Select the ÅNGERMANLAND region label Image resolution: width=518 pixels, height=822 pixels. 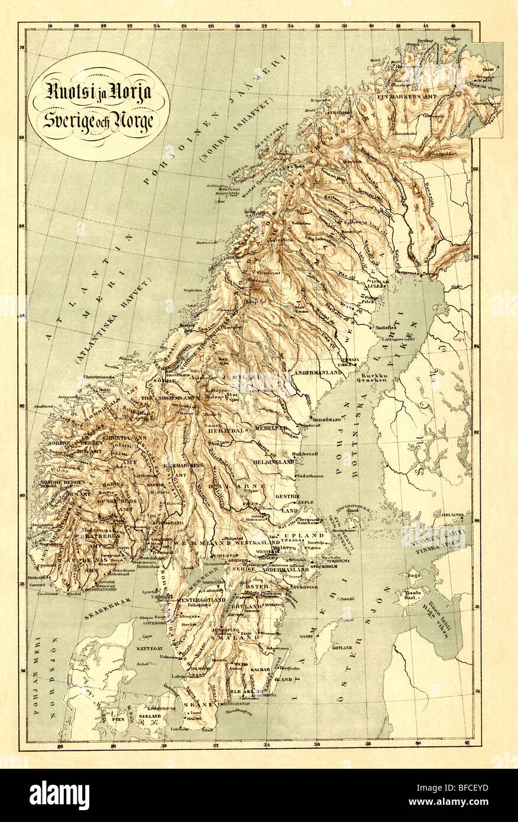click(316, 373)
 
